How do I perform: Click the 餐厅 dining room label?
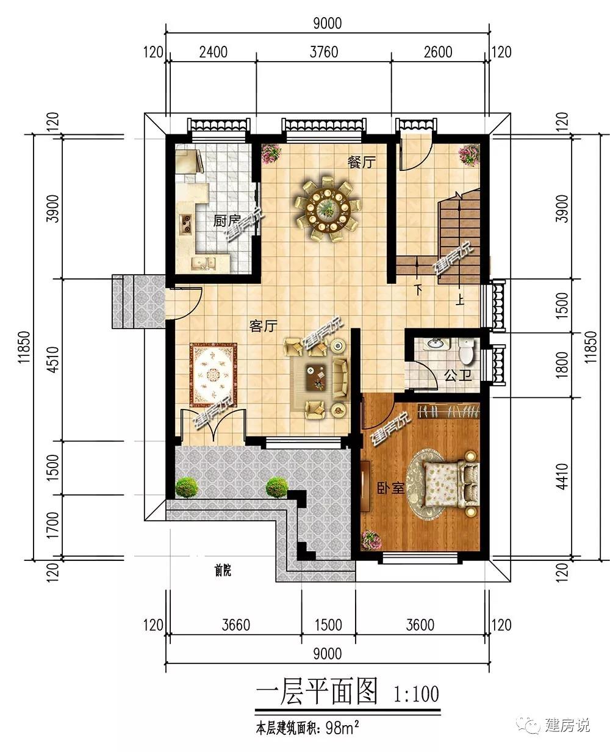click(361, 163)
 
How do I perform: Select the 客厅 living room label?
click(263, 326)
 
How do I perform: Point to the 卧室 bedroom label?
click(390, 489)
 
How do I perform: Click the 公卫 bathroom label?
click(458, 375)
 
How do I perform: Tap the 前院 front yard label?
click(223, 570)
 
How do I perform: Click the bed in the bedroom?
click(451, 484)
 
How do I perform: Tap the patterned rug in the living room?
click(213, 374)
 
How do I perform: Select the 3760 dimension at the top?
click(324, 52)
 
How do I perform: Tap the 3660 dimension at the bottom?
click(236, 625)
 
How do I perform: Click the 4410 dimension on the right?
click(562, 477)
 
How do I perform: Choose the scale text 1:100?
click(416, 694)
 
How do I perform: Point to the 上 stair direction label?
click(459, 300)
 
